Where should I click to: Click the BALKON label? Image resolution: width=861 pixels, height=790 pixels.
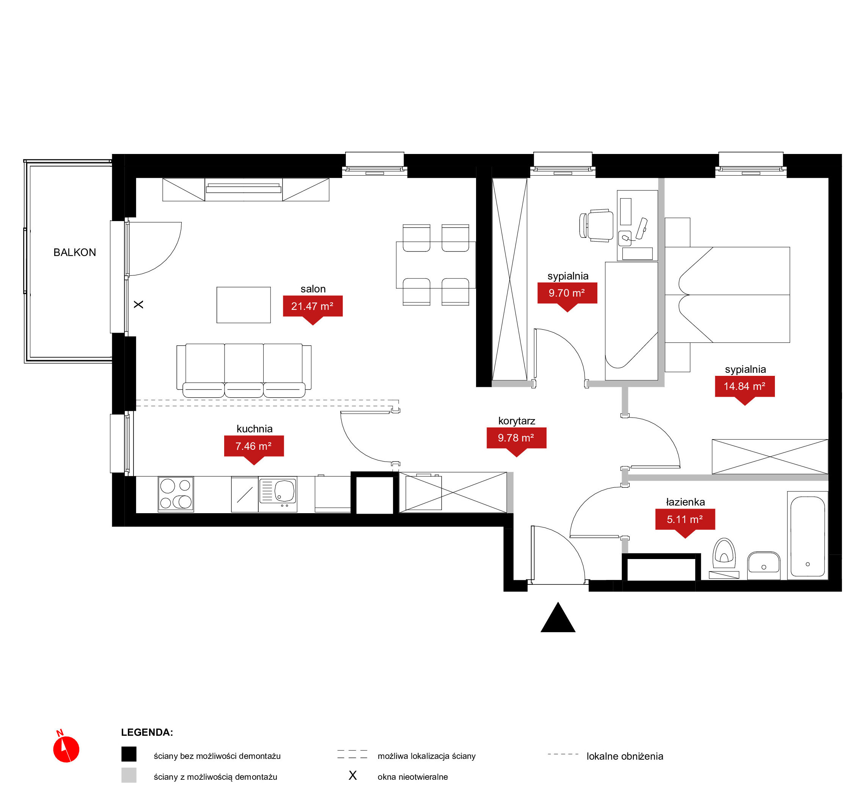(x=75, y=253)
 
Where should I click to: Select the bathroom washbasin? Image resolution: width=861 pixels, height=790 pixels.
(x=764, y=565)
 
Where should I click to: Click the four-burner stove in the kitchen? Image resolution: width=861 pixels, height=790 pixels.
(x=176, y=494)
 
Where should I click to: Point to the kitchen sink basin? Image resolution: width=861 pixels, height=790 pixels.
(x=285, y=491)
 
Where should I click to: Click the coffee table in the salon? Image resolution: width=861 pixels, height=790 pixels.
(x=244, y=305)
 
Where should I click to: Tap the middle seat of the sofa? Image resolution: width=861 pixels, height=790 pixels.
(x=244, y=370)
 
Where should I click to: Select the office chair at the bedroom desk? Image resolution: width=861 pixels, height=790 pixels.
(x=596, y=226)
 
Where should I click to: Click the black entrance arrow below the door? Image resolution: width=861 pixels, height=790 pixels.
(x=558, y=618)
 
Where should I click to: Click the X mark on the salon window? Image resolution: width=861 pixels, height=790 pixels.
(x=138, y=305)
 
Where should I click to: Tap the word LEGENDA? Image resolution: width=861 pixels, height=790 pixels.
(x=147, y=732)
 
